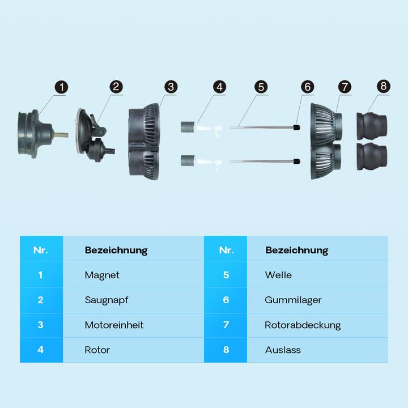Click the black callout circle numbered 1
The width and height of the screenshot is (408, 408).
tap(61, 87)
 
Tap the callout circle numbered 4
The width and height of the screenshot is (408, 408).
tap(219, 87)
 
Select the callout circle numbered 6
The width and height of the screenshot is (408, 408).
tap(307, 87)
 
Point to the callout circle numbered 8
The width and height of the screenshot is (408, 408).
tap(383, 86)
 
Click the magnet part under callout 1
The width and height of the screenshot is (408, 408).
tap(39, 134)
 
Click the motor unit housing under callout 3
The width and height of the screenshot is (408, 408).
tap(144, 142)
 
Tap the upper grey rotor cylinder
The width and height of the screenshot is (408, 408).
tap(188, 127)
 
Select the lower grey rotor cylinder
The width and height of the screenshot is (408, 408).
tap(188, 160)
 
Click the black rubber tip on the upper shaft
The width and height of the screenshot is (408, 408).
tap(296, 127)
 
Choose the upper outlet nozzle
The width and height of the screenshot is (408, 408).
tap(372, 126)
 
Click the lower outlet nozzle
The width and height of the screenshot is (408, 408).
tap(372, 156)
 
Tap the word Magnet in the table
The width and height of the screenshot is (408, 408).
tap(102, 275)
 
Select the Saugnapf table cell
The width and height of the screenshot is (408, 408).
tap(133, 300)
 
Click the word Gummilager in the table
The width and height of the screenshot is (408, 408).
tap(293, 300)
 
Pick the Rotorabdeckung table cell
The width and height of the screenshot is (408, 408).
tap(317, 325)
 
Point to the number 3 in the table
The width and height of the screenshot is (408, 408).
tap(40, 325)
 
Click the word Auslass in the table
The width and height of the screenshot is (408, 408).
tap(283, 350)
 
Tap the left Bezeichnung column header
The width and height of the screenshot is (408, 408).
tap(116, 250)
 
